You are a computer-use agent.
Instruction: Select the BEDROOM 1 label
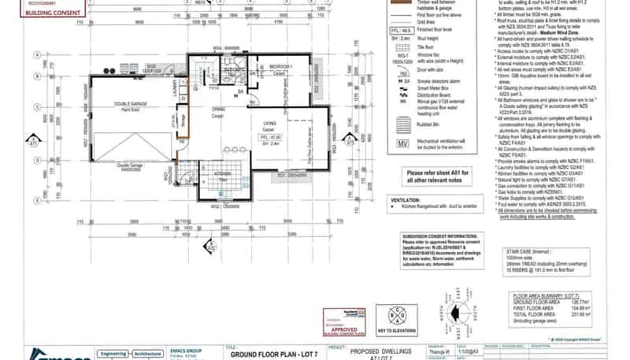[x=281, y=66]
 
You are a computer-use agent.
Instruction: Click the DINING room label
[x=218, y=109]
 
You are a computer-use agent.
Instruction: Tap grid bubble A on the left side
[x=37, y=54]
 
